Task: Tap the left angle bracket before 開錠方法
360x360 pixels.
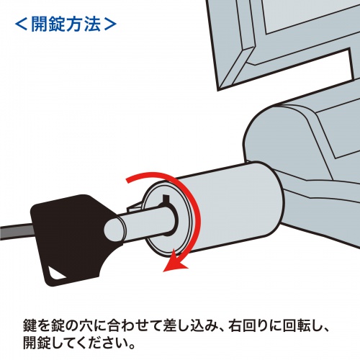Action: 22,22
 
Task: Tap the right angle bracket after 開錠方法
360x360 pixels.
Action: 109,22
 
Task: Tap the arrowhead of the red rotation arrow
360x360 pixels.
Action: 171,269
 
